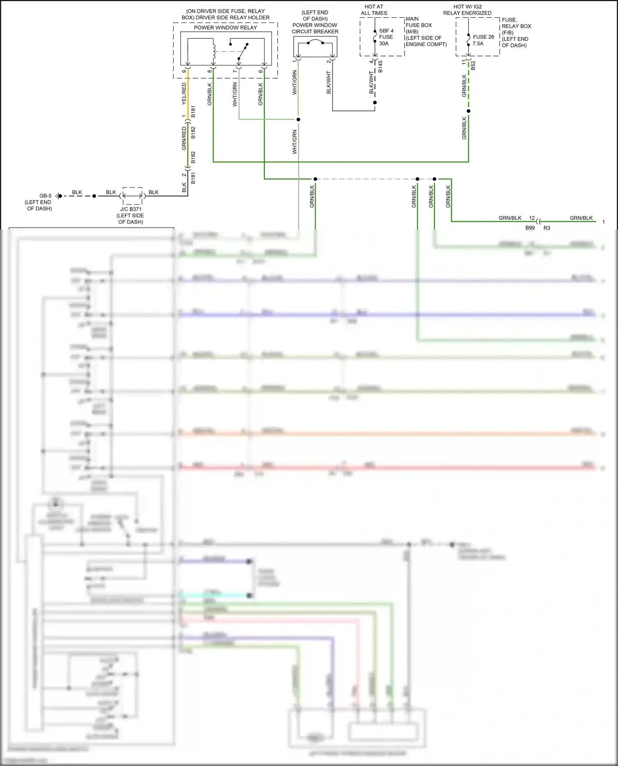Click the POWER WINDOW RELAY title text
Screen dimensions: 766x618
point(225,28)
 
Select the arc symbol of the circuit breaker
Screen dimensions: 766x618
point(315,41)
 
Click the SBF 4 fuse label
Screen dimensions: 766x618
point(386,31)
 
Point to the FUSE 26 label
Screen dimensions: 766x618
point(483,37)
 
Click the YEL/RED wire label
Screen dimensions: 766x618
point(184,94)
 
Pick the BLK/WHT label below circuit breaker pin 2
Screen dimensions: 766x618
point(329,82)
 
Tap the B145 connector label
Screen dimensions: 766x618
point(380,67)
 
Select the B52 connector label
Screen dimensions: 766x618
point(473,66)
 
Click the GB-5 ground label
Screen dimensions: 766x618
point(45,196)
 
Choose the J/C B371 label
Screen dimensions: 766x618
point(131,209)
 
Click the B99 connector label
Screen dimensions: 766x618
point(530,228)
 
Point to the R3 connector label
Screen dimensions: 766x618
point(547,228)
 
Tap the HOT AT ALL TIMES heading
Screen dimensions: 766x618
point(374,10)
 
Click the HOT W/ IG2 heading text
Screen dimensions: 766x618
point(467,7)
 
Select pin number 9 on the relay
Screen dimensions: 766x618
point(184,72)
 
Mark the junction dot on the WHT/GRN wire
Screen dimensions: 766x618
point(298,119)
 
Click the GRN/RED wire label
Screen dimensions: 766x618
point(184,138)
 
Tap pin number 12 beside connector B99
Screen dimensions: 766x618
point(532,218)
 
